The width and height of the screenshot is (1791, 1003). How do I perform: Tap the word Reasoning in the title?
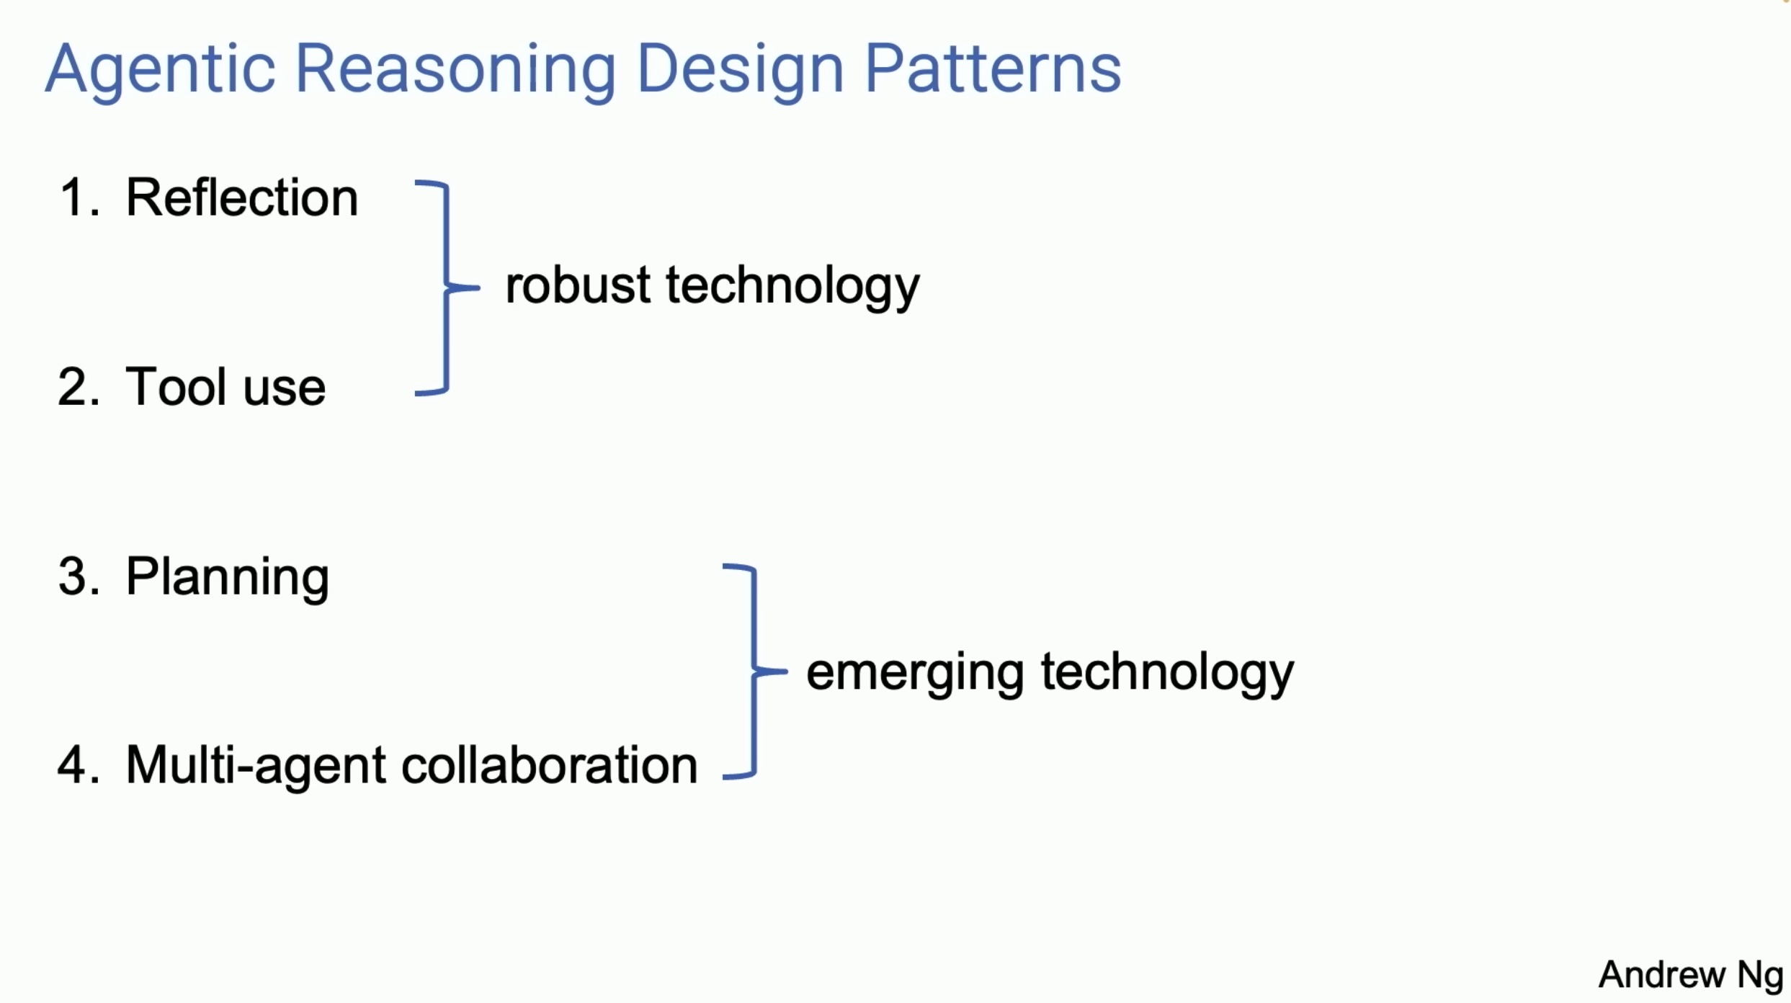455,70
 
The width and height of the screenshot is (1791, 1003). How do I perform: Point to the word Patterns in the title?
992,70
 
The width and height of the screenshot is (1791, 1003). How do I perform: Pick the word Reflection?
241,197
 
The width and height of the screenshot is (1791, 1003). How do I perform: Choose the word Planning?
227,578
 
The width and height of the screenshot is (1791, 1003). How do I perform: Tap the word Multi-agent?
256,765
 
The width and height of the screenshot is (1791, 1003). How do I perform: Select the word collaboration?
549,765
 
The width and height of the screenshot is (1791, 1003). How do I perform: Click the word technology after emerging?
1167,672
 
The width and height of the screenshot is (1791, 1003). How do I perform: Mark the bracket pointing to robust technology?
447,287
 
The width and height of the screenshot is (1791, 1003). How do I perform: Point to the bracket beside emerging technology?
754,672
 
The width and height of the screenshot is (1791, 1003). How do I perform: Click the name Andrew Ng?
1690,975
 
